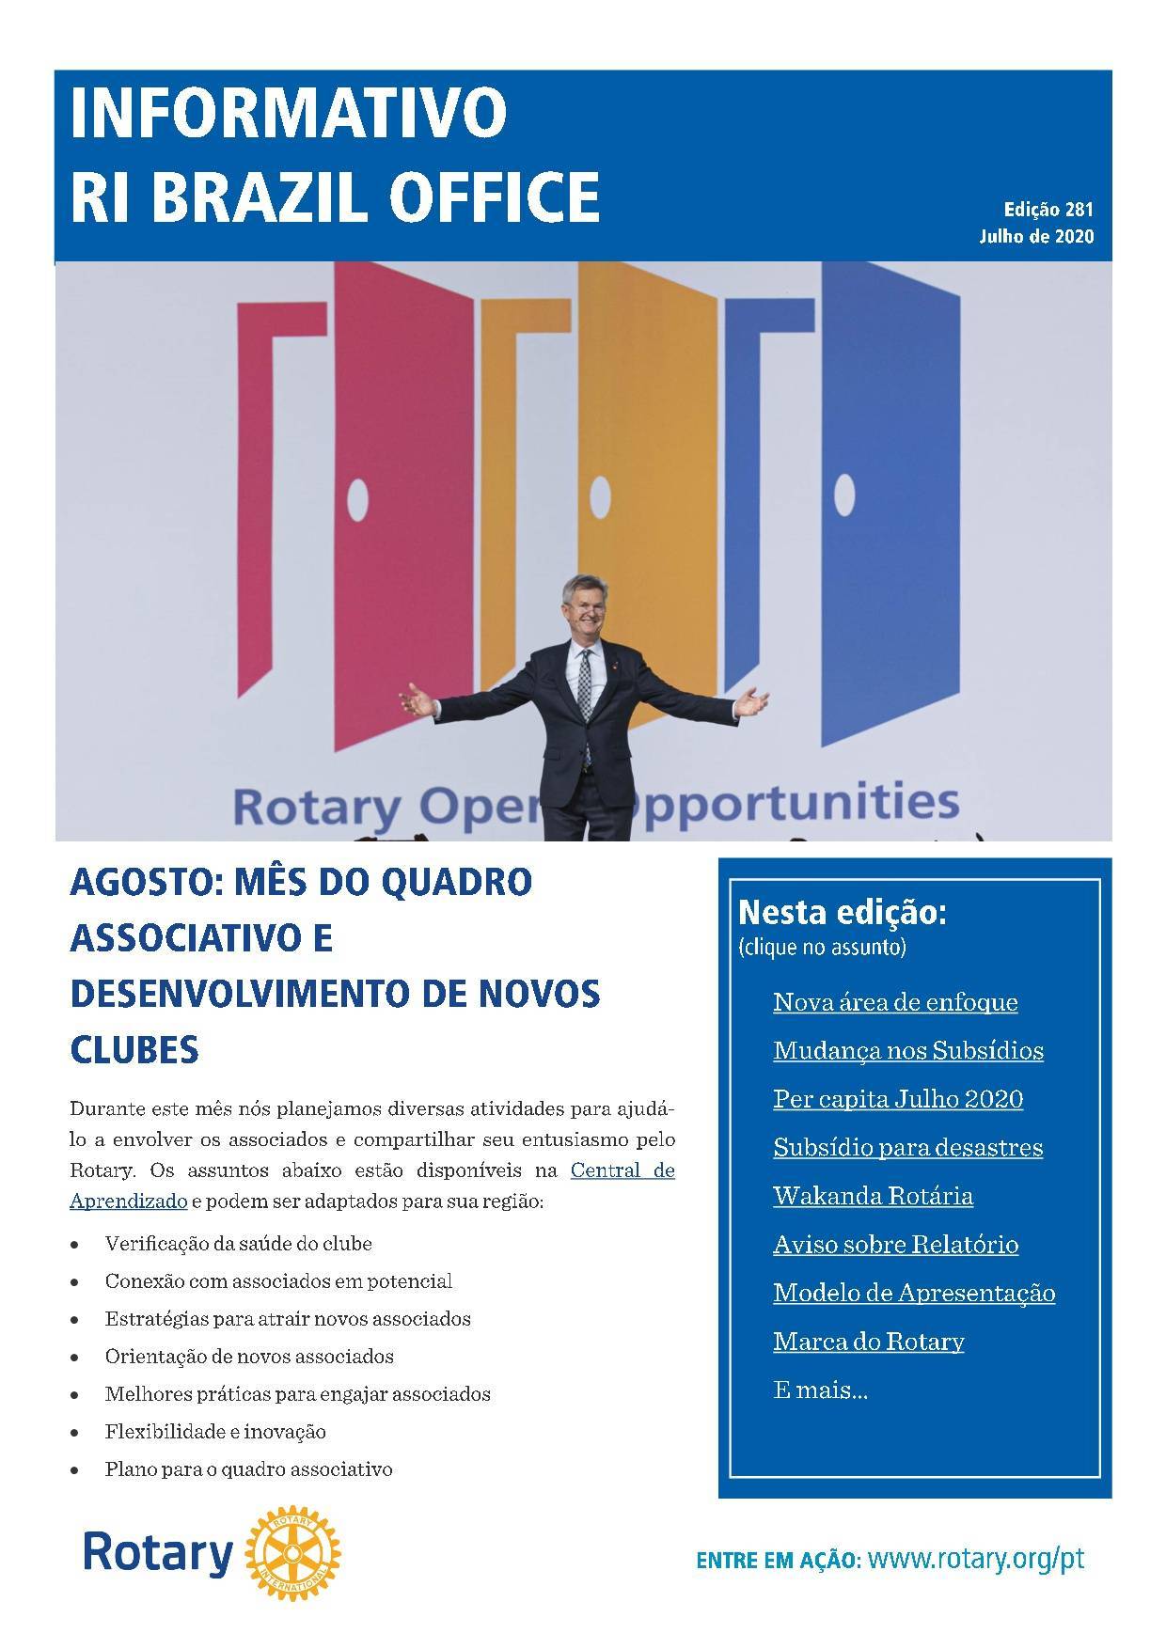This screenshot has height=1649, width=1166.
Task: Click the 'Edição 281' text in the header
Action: point(1047,210)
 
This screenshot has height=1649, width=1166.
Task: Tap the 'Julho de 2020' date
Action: point(1036,237)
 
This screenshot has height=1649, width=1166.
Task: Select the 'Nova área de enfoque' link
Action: point(895,1002)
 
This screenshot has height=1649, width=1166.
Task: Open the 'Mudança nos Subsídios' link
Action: point(908,1050)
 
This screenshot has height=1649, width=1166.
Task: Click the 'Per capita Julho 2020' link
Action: point(898,1099)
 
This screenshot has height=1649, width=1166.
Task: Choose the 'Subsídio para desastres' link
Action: point(907,1148)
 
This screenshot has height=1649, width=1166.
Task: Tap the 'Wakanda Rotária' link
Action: point(873,1196)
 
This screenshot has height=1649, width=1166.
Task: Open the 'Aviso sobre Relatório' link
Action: point(895,1245)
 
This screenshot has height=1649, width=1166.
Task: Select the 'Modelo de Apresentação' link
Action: point(914,1293)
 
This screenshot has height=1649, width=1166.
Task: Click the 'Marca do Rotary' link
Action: point(869,1342)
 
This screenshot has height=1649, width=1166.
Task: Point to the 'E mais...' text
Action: point(820,1390)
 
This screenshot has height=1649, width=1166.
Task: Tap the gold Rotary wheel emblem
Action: point(292,1553)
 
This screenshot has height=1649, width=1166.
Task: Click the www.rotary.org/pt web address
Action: point(975,1558)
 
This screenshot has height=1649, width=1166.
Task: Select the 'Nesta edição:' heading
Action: point(842,912)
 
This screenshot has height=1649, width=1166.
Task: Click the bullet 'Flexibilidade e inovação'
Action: point(215,1432)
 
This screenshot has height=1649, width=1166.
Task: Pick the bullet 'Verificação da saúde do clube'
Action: point(238,1244)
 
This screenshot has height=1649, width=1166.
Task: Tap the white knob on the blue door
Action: point(843,491)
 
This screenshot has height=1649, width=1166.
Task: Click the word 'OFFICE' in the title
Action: point(494,196)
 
